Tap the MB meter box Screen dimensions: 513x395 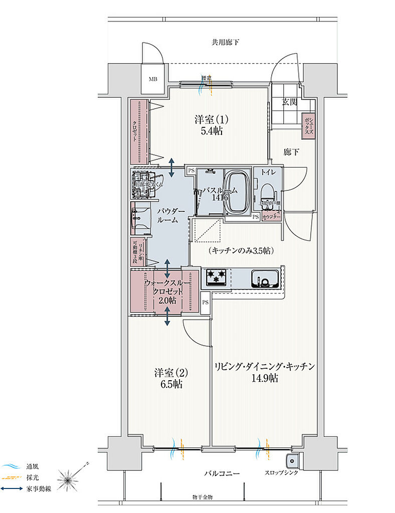pyautogui.click(x=152, y=79)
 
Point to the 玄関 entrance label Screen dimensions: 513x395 pyautogui.click(x=290, y=102)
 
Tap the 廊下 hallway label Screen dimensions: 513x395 pyautogui.click(x=291, y=151)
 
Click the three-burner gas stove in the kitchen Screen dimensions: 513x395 pyautogui.click(x=216, y=277)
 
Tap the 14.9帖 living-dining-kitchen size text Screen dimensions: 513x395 pyautogui.click(x=265, y=378)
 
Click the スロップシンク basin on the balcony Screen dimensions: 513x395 pyautogui.click(x=291, y=461)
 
